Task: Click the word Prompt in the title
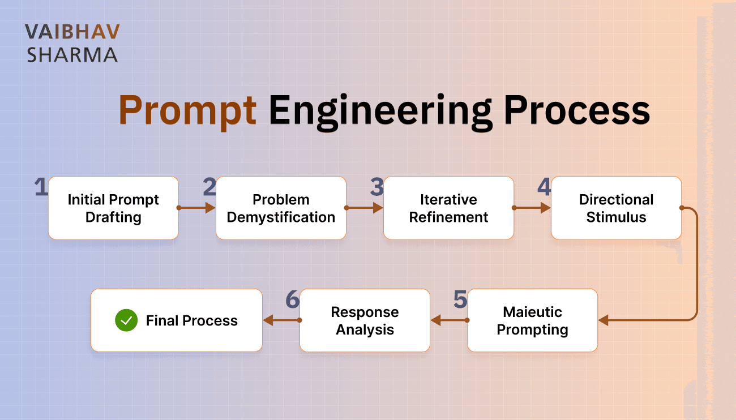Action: click(187, 111)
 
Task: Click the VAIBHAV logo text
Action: click(72, 32)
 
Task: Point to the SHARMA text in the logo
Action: click(72, 55)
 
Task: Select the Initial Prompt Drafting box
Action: click(113, 208)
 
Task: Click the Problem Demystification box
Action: click(281, 208)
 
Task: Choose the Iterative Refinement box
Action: click(448, 208)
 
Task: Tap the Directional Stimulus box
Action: click(616, 208)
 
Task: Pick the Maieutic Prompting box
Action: click(532, 320)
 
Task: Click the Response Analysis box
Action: click(365, 320)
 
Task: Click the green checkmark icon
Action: click(126, 320)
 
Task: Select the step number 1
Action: click(41, 187)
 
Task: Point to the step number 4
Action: click(544, 187)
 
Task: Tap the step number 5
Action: click(460, 300)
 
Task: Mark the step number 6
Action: click(292, 300)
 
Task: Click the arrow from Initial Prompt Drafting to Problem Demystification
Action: click(197, 208)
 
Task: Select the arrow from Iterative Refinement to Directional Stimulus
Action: click(532, 208)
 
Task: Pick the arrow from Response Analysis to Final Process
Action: click(281, 320)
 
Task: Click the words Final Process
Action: click(191, 321)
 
